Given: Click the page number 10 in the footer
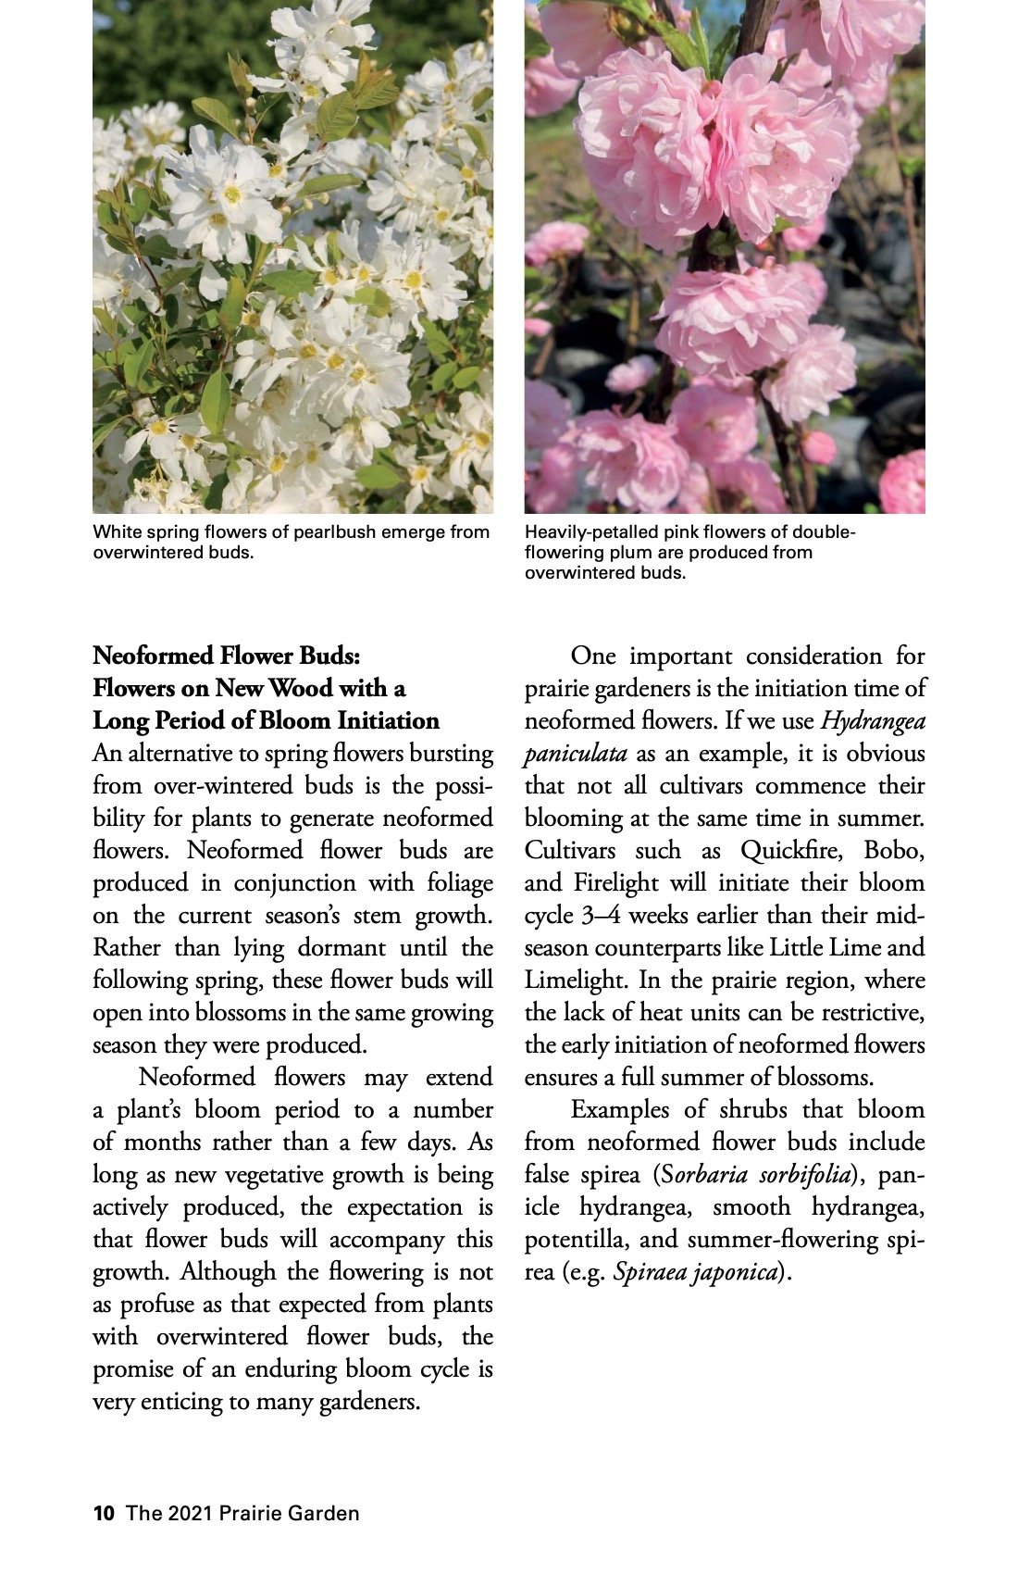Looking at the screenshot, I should [x=103, y=1514].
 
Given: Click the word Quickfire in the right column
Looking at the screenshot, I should [x=789, y=851].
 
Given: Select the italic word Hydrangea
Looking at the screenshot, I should [x=873, y=721].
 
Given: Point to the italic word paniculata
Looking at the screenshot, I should [x=575, y=754].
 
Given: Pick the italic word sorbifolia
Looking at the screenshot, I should [x=804, y=1175].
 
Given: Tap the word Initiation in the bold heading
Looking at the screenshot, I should [x=387, y=721].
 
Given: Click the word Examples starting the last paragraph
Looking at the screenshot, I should [x=620, y=1110].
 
